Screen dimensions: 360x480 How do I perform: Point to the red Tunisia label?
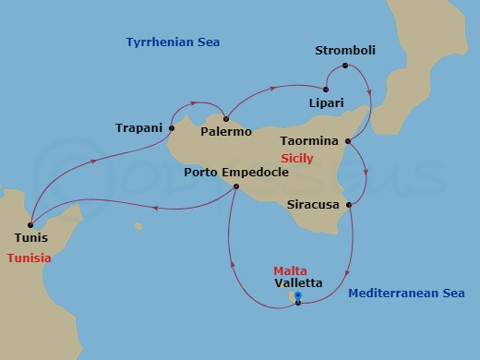coord(29,258)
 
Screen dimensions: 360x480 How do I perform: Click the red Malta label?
coord(289,270)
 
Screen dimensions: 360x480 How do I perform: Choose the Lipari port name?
coord(328,106)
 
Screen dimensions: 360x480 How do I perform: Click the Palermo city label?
coord(226,132)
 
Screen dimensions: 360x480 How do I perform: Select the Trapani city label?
coord(139,126)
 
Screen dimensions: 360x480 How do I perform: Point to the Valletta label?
coord(298,282)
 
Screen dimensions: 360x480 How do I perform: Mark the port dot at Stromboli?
coord(345,66)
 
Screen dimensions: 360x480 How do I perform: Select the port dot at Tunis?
coord(30,222)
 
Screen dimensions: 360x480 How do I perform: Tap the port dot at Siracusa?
coord(348,205)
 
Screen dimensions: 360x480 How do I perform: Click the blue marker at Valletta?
coord(297,296)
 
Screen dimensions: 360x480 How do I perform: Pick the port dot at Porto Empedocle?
coord(235,186)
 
